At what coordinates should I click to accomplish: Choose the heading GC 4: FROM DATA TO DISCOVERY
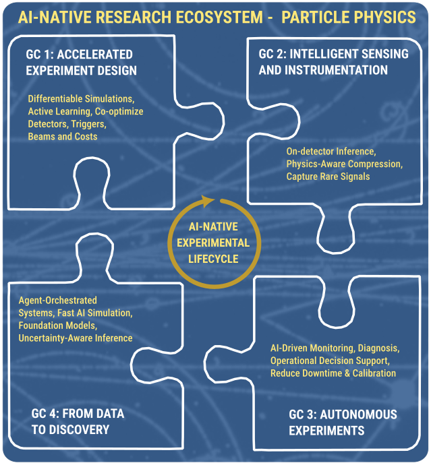pos(78,421)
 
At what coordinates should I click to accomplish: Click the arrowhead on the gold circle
pos(211,200)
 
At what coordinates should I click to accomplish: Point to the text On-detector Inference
pos(327,151)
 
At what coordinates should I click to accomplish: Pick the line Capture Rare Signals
pos(328,177)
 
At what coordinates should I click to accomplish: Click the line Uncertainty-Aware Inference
pos(76,338)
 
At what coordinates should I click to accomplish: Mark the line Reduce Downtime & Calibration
pos(333,373)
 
